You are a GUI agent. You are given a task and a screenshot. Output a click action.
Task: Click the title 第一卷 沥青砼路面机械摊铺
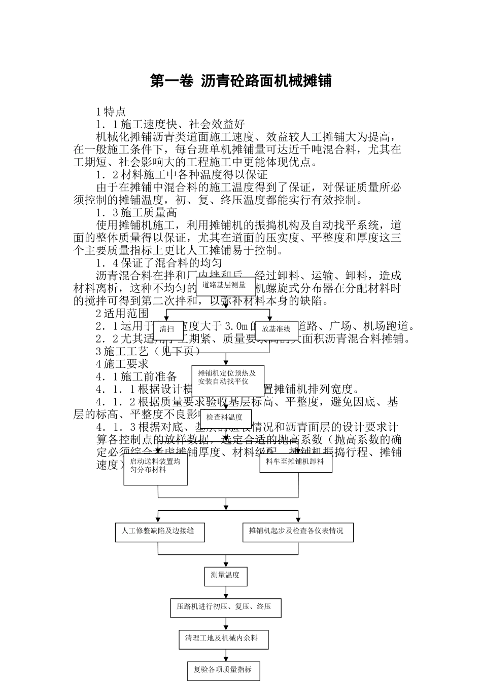pos(240,81)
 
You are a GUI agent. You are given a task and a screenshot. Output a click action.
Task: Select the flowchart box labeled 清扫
pos(167,329)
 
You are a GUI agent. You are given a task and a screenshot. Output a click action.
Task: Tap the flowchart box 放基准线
pos(277,329)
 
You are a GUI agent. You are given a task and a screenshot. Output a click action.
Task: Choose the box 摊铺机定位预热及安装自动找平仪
pos(227,377)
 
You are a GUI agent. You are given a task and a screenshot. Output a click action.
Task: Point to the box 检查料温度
pos(225,418)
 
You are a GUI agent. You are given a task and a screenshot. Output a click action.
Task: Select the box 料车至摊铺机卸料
pos(296,462)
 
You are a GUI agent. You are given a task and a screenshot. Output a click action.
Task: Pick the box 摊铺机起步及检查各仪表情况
pos(297,532)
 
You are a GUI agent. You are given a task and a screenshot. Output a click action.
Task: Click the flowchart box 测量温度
pos(225,575)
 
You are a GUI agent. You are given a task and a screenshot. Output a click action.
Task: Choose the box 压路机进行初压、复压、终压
pos(225,607)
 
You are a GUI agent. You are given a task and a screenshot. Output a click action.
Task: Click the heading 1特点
pos(111,111)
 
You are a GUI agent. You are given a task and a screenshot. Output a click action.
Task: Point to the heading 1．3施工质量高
pos(136,213)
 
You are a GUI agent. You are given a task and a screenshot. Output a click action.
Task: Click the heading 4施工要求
pos(122,364)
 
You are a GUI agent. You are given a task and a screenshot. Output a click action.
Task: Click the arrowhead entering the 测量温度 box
pos(225,564)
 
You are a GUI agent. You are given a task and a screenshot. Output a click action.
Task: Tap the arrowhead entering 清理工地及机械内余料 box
pos(225,628)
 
